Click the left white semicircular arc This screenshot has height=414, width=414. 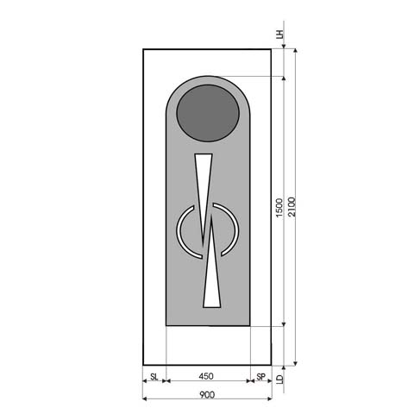coord(183,231)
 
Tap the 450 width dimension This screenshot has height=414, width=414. coord(206,377)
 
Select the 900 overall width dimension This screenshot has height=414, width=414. coord(206,395)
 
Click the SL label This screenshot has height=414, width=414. coord(154,377)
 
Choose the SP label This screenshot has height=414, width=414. coord(261,377)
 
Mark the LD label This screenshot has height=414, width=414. coord(279,379)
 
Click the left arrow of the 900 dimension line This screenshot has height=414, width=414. coord(145,399)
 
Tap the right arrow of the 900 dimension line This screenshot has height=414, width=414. coord(270,399)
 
